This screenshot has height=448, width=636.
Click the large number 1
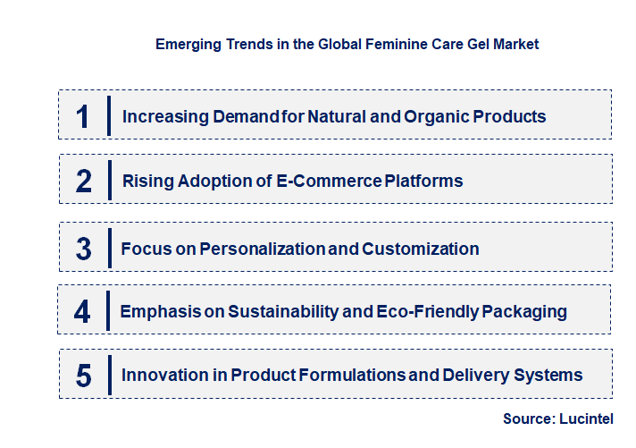click(x=83, y=116)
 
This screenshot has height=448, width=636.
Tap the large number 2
click(x=84, y=182)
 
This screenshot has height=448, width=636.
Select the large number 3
click(x=84, y=249)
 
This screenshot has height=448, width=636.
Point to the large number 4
click(x=83, y=311)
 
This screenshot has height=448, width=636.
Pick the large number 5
click(x=84, y=376)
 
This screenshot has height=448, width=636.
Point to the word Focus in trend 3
click(x=144, y=249)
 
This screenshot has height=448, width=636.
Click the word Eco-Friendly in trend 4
click(x=430, y=311)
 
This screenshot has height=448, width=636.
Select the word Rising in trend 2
click(x=148, y=182)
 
